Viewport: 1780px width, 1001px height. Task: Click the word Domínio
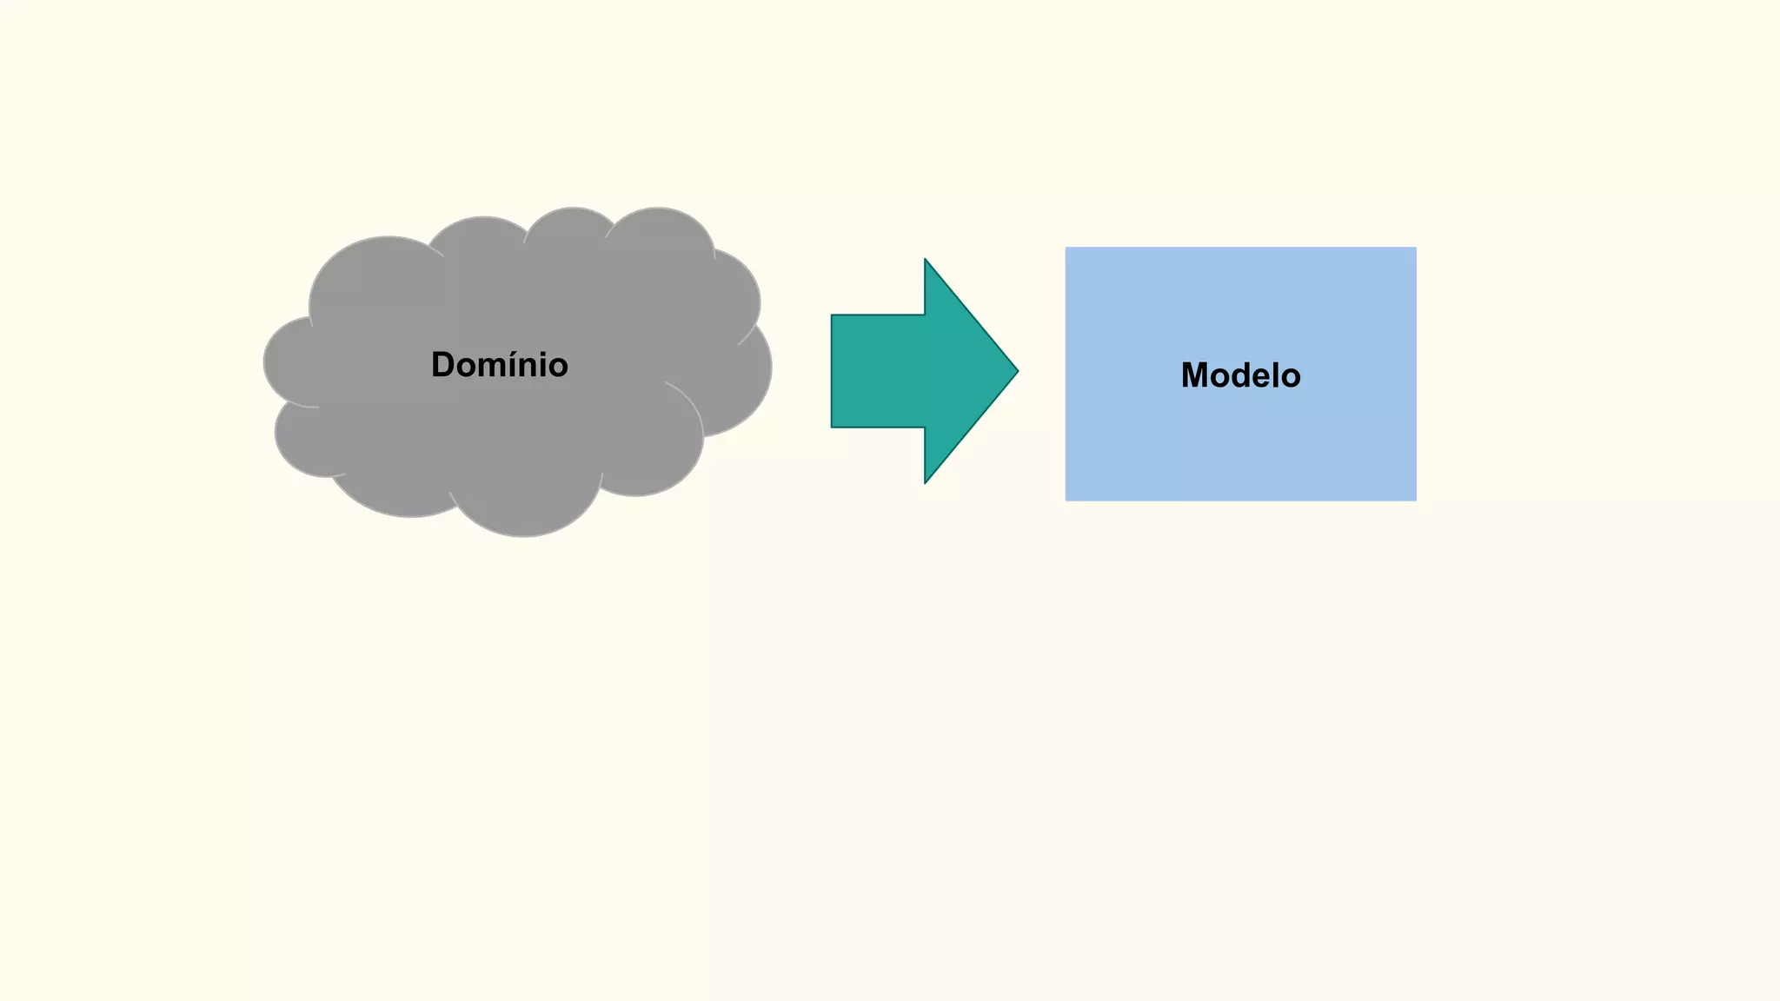coord(499,365)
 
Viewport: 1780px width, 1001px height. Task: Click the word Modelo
coord(1240,375)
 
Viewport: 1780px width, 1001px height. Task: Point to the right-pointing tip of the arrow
coord(1016,371)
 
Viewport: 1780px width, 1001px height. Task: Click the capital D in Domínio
coord(443,365)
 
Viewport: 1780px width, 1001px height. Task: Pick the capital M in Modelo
coord(1195,375)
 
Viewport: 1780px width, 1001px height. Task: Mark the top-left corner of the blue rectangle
coord(1067,249)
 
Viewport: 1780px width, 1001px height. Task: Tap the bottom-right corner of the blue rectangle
coord(1415,499)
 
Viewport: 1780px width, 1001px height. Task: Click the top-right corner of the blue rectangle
coord(1415,249)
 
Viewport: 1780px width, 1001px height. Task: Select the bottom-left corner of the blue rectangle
coord(1067,499)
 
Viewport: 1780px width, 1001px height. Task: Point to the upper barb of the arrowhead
coord(927,262)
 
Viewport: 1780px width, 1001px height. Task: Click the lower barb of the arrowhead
coord(927,481)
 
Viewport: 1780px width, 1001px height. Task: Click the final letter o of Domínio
coord(557,367)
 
